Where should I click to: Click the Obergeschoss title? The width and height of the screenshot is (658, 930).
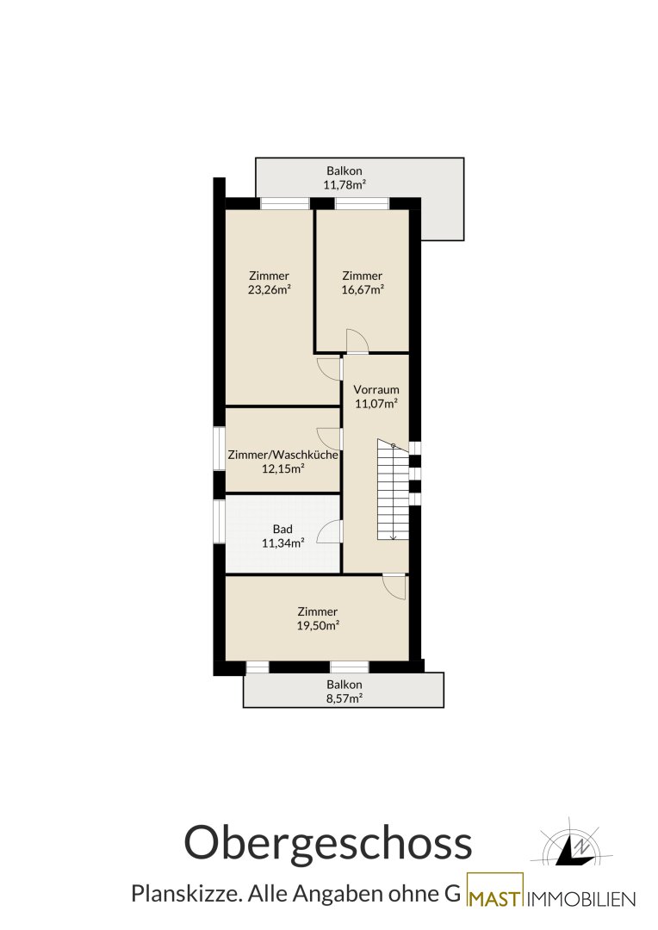(x=328, y=844)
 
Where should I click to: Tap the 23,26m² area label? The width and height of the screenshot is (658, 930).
(x=270, y=290)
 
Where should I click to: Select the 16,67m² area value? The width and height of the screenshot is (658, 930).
(x=363, y=290)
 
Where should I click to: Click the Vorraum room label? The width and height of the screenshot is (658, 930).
(x=376, y=390)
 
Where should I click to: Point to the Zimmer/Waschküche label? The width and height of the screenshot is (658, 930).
(x=283, y=455)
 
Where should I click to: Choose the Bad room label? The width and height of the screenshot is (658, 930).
(x=283, y=529)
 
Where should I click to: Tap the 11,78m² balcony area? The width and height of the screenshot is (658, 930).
(x=345, y=185)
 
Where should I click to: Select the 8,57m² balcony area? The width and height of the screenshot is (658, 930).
(x=345, y=698)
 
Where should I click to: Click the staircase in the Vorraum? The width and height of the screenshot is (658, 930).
(x=393, y=490)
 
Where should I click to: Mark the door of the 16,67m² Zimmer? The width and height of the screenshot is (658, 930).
(x=357, y=341)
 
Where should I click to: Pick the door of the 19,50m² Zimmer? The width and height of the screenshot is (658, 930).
(x=394, y=586)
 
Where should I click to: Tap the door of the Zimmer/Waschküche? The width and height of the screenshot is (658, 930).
(x=329, y=438)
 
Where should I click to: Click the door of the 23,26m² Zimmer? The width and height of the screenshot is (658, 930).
(x=329, y=369)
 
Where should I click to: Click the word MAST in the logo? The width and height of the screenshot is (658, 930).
(x=495, y=899)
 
